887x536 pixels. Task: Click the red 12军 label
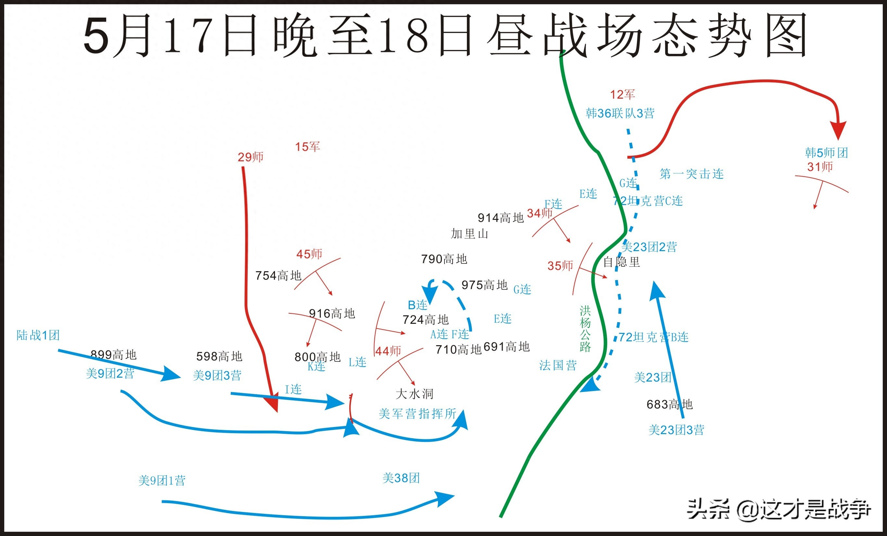pyautogui.click(x=622, y=95)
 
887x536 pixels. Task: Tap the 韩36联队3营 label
pyautogui.click(x=620, y=113)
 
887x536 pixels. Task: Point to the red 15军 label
pyautogui.click(x=307, y=146)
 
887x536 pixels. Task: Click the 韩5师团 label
pyautogui.click(x=827, y=152)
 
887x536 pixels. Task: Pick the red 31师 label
pyautogui.click(x=820, y=166)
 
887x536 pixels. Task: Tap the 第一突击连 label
pyautogui.click(x=692, y=174)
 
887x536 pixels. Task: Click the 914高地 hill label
pyautogui.click(x=500, y=218)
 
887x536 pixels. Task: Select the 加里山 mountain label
pyautogui.click(x=469, y=234)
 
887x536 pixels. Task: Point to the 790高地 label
pyautogui.click(x=444, y=259)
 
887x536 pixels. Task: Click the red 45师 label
pyautogui.click(x=309, y=254)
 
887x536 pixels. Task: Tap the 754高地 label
pyautogui.click(x=278, y=275)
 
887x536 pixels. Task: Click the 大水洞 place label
pyautogui.click(x=414, y=394)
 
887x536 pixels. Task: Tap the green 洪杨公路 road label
pyautogui.click(x=585, y=329)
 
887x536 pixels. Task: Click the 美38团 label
pyautogui.click(x=401, y=478)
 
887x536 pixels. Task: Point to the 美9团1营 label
pyautogui.click(x=162, y=481)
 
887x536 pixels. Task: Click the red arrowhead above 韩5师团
pyautogui.click(x=838, y=130)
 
